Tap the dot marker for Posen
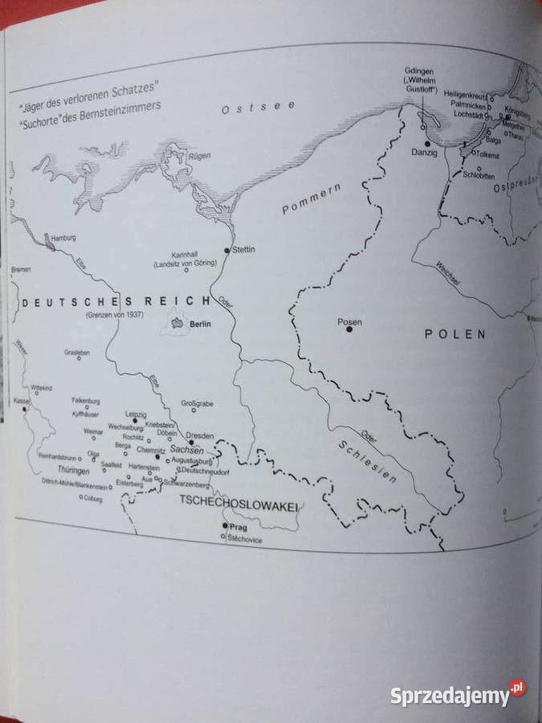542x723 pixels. (x=349, y=329)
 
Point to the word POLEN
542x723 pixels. (x=455, y=335)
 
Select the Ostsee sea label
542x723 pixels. (x=259, y=107)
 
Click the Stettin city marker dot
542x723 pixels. (x=228, y=251)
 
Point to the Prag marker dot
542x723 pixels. (x=225, y=525)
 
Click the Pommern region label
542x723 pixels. (x=312, y=198)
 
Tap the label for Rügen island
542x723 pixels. (x=198, y=156)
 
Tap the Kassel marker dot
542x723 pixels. (x=26, y=408)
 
